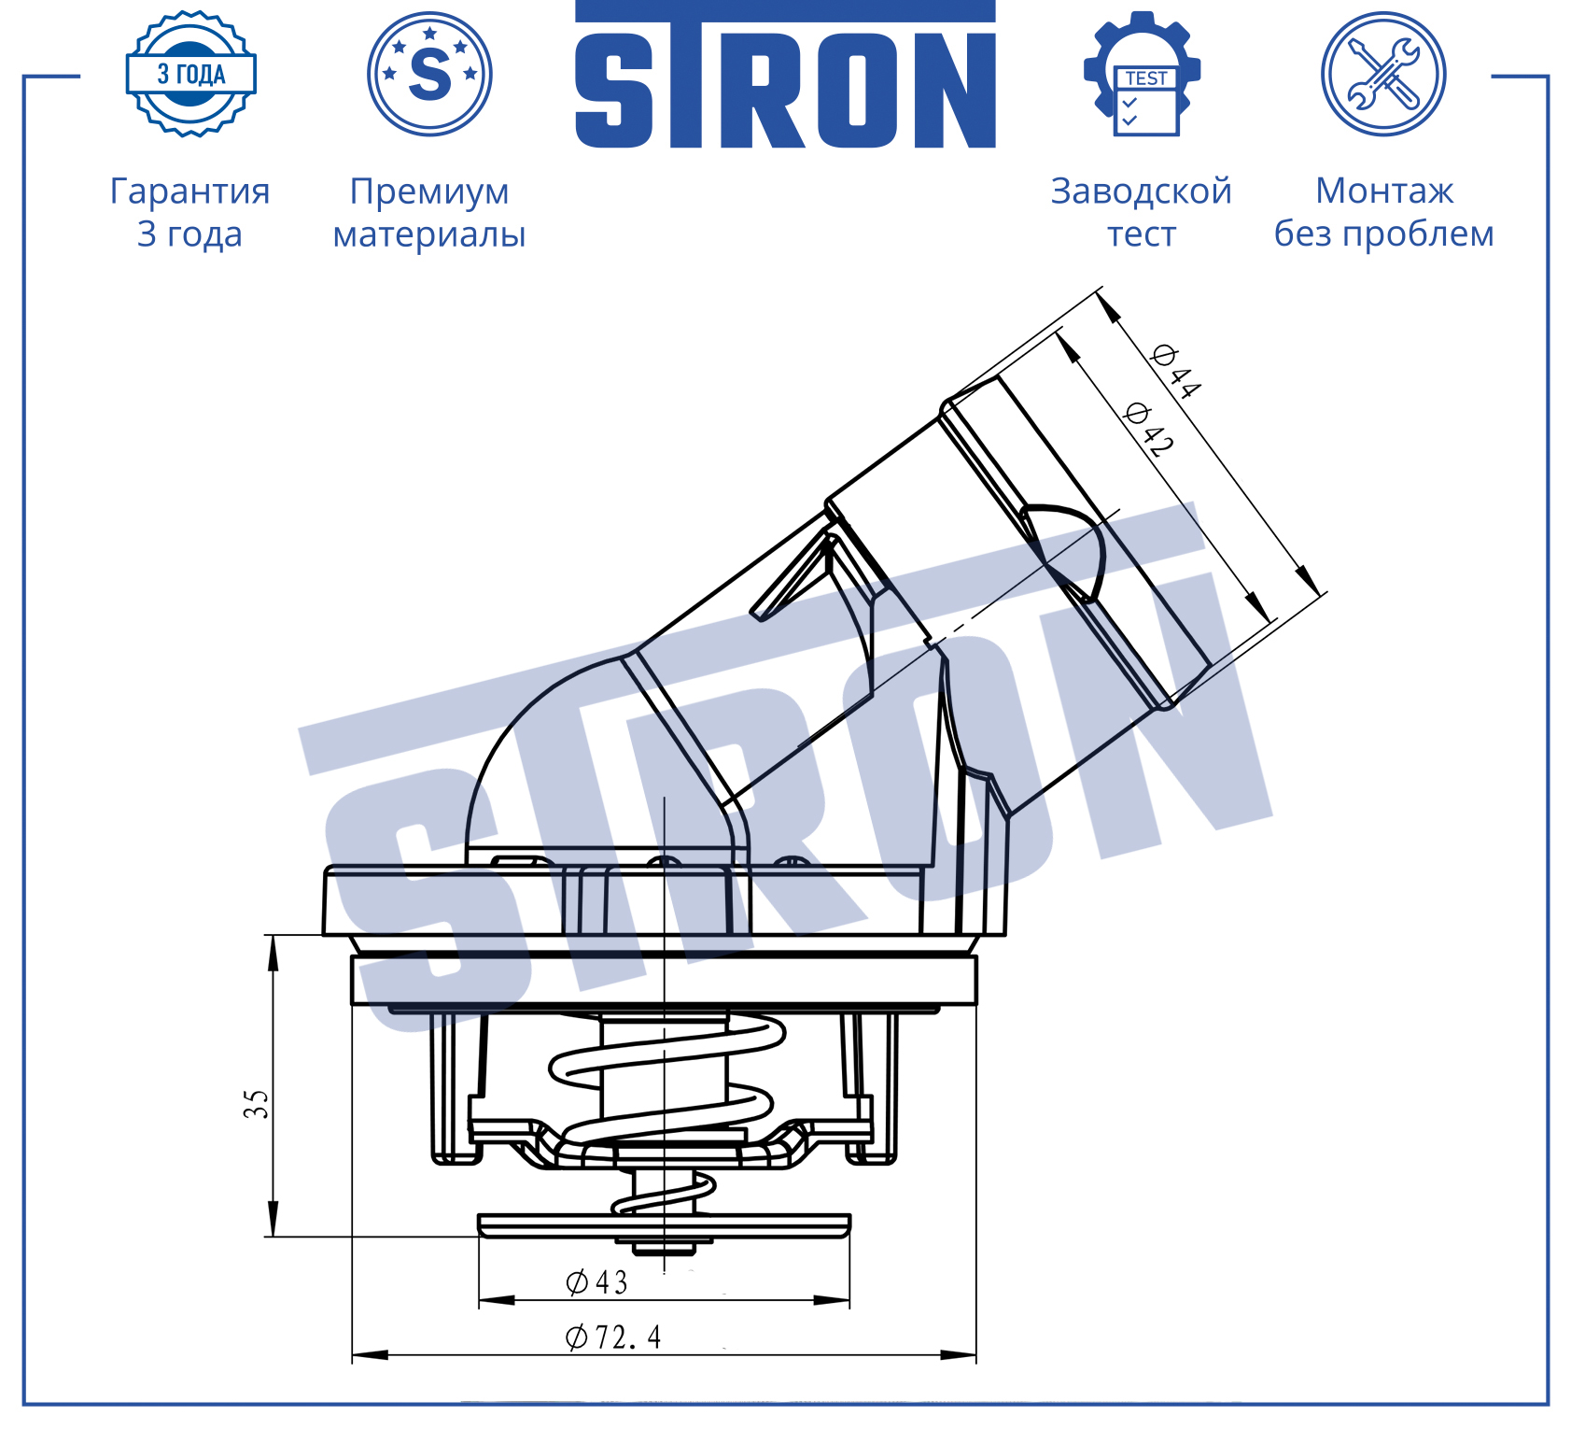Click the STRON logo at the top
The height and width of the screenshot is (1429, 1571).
click(785, 75)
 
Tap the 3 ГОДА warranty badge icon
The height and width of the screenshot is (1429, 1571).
click(191, 74)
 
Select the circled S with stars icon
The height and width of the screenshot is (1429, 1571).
click(429, 74)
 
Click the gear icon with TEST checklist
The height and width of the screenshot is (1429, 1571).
click(1143, 74)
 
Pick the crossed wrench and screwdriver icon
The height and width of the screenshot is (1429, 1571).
click(1383, 74)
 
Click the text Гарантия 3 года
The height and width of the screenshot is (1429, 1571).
click(190, 212)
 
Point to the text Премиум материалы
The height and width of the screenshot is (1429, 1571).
click(429, 212)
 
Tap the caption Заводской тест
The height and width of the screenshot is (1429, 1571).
click(1142, 212)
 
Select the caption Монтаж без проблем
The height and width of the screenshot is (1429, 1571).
click(1384, 212)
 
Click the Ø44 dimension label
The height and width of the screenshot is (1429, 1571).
click(1176, 371)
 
